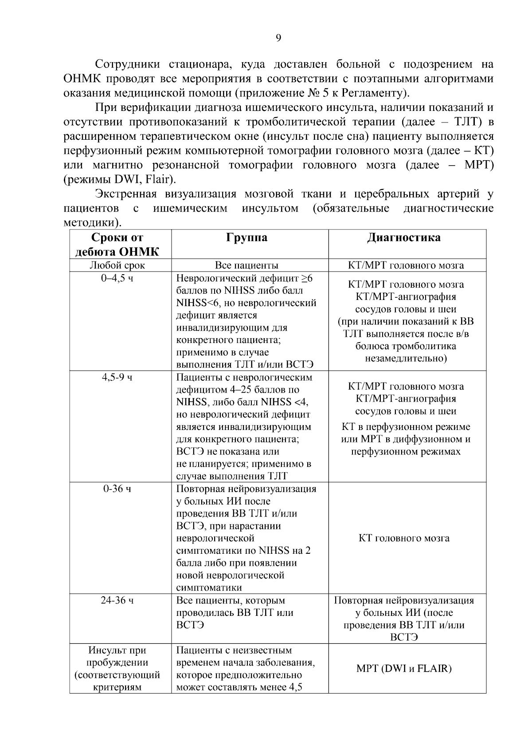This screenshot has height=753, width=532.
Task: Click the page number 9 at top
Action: (278, 38)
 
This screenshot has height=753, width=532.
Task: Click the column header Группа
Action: (247, 238)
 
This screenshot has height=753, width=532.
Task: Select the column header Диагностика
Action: (404, 238)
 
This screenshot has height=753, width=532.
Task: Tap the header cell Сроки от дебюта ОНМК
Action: (117, 244)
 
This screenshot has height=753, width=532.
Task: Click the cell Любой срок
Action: (117, 265)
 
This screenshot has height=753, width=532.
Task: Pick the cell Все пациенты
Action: (247, 265)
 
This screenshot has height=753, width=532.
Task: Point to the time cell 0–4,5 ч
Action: (117, 279)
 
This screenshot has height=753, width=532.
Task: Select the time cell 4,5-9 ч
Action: (117, 378)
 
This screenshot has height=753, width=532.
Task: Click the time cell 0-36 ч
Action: (117, 489)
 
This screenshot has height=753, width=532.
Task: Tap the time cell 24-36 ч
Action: (117, 600)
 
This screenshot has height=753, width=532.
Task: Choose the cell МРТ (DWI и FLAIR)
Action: (404, 669)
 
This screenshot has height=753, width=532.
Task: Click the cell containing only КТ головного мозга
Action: (404, 538)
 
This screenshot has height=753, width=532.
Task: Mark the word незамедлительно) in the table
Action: (406, 358)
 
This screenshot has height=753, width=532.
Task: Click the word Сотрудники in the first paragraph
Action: (128, 64)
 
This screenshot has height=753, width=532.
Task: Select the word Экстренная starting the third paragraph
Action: (126, 194)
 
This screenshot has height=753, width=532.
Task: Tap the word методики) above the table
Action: (92, 222)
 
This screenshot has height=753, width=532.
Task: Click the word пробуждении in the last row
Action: (117, 663)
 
